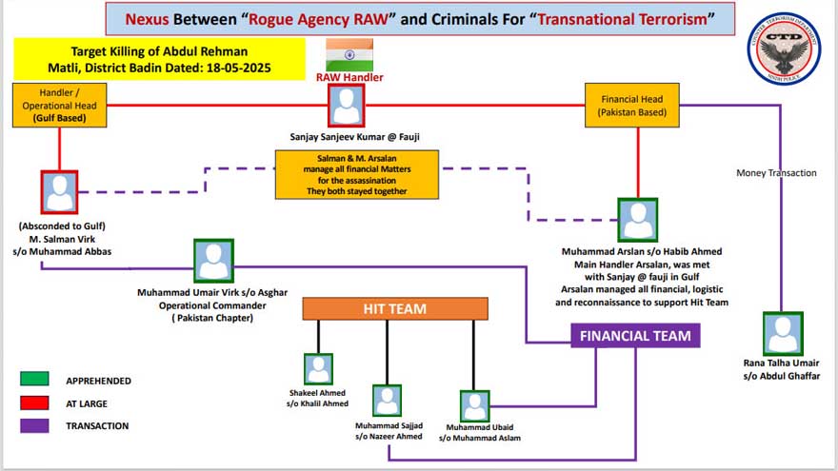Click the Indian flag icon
coord(349,53)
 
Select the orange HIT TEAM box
coord(395,308)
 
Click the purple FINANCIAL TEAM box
coord(635,335)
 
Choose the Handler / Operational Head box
coord(59,105)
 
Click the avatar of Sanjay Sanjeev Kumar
coord(348,106)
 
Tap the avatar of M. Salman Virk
coord(60,191)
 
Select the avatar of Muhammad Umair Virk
coord(213,260)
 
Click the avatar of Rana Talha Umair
coord(782,334)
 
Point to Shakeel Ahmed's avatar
coord(318,368)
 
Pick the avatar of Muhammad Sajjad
coord(387,400)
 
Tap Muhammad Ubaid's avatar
coord(474,404)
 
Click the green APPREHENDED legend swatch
coord(34,380)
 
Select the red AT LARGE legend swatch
coord(34,402)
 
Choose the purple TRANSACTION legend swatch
coord(34,425)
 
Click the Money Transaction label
coord(776,173)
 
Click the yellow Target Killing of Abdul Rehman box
coord(160,59)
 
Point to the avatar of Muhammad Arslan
coord(637,220)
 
